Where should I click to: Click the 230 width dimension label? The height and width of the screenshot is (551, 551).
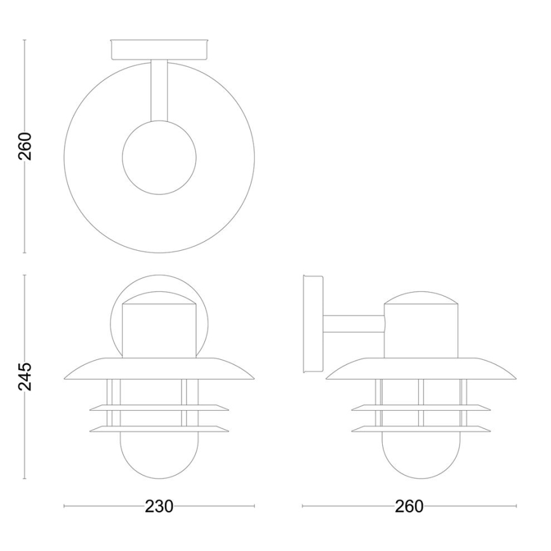point(159,507)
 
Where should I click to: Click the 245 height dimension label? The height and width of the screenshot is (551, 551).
point(24,377)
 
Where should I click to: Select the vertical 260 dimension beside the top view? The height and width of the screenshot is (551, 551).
point(24,147)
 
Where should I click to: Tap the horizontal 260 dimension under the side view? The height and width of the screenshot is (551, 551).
point(409,507)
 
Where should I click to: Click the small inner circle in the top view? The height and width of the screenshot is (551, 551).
point(159,157)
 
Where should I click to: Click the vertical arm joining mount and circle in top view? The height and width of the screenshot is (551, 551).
point(159,89)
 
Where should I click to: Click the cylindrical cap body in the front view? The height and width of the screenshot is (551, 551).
point(159,330)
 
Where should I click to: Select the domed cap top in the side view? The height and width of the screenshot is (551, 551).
point(421,298)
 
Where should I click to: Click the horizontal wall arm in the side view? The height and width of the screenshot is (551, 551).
point(353,324)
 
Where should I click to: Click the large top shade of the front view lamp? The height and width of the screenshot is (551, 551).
point(159,371)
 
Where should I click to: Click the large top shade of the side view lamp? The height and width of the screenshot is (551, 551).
point(421,371)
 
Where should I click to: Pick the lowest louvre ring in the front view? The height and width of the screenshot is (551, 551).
point(159,429)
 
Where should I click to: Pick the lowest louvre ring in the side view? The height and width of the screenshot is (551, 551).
point(421,429)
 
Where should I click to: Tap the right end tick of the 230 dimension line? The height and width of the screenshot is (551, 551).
point(255,506)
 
